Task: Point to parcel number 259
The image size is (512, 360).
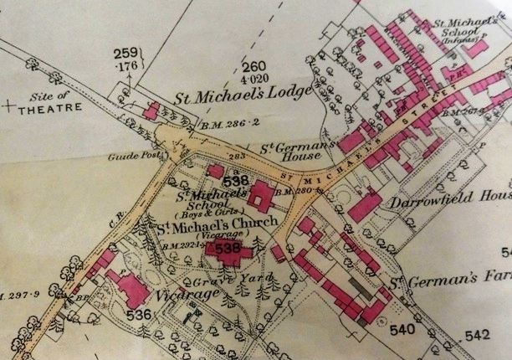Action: pyautogui.click(x=127, y=52)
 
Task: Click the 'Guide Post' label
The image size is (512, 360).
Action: pyautogui.click(x=128, y=156)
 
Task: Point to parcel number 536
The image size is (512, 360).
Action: pyautogui.click(x=140, y=314)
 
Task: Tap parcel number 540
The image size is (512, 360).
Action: pyautogui.click(x=402, y=330)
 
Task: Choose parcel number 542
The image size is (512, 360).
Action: pyautogui.click(x=476, y=336)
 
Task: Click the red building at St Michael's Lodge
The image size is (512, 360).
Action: pyautogui.click(x=152, y=111)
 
